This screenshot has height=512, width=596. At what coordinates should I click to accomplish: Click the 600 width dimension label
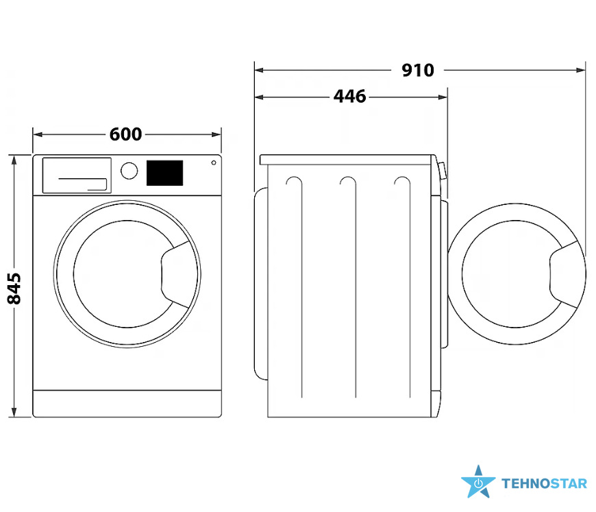(x=125, y=134)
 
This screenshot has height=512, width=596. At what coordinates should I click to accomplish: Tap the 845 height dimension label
(x=14, y=289)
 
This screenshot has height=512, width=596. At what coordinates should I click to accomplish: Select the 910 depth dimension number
(x=418, y=71)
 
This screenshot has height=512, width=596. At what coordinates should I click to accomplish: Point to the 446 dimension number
(x=349, y=97)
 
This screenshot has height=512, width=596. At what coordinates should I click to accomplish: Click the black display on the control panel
(x=164, y=173)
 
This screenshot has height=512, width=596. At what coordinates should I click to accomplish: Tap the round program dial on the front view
(x=129, y=171)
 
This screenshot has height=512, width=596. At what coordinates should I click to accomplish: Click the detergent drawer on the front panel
(x=77, y=175)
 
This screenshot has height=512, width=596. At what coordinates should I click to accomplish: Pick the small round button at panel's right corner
(x=214, y=163)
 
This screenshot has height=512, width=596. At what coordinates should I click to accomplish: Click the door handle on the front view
(x=175, y=274)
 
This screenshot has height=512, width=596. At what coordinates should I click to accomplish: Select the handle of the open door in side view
(x=564, y=274)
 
